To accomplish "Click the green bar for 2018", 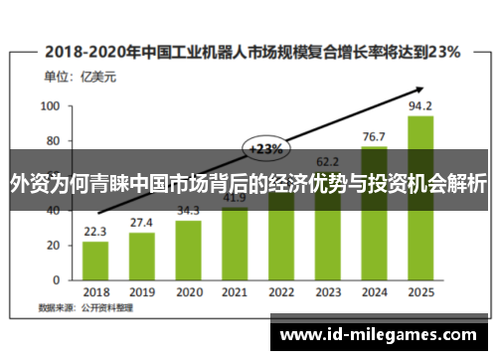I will [x=95, y=262].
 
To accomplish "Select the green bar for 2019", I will [x=142, y=257].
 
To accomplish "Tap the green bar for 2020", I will [x=189, y=251].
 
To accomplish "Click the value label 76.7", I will [x=374, y=135].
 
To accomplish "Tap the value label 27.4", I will [x=142, y=222].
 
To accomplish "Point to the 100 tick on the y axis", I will [x=50, y=105].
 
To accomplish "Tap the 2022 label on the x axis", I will [x=281, y=292].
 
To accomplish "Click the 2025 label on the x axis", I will [x=420, y=292].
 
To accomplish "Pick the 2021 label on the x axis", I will [x=235, y=292].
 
